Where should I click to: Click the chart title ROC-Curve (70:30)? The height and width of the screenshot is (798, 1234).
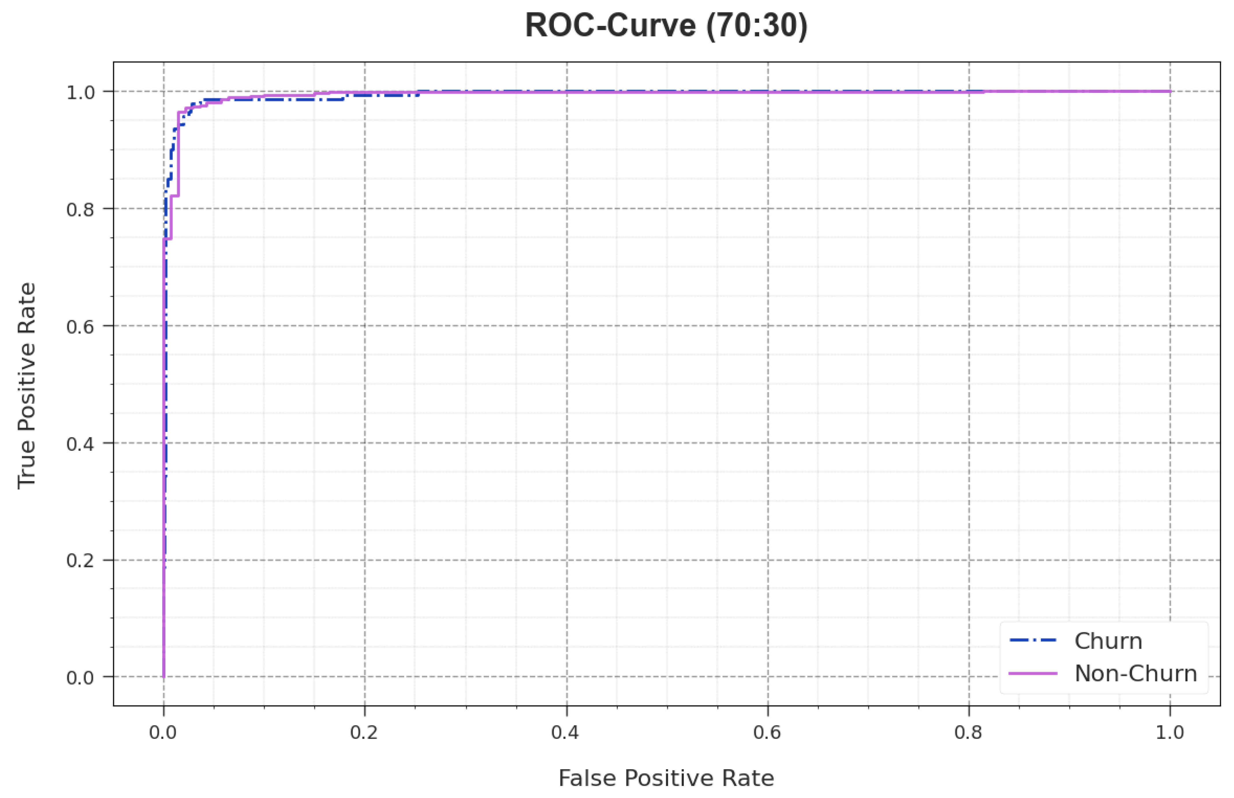pyautogui.click(x=666, y=25)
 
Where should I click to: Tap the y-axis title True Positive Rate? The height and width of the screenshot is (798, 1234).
pyautogui.click(x=27, y=385)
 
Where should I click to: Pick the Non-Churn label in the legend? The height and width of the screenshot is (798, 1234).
pyautogui.click(x=1136, y=674)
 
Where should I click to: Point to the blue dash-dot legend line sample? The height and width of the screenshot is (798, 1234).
pyautogui.click(x=1033, y=641)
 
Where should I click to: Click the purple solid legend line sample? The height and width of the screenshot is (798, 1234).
pyautogui.click(x=1033, y=674)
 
